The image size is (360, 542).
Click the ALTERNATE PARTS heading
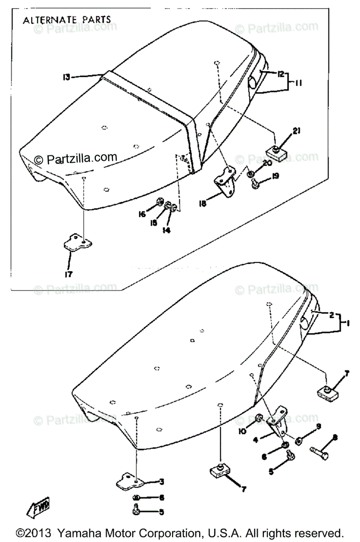67,20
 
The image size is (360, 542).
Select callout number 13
66,77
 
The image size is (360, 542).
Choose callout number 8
335,437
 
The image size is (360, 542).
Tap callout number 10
243,431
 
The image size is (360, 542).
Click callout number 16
142,215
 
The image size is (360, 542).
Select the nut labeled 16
159,202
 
